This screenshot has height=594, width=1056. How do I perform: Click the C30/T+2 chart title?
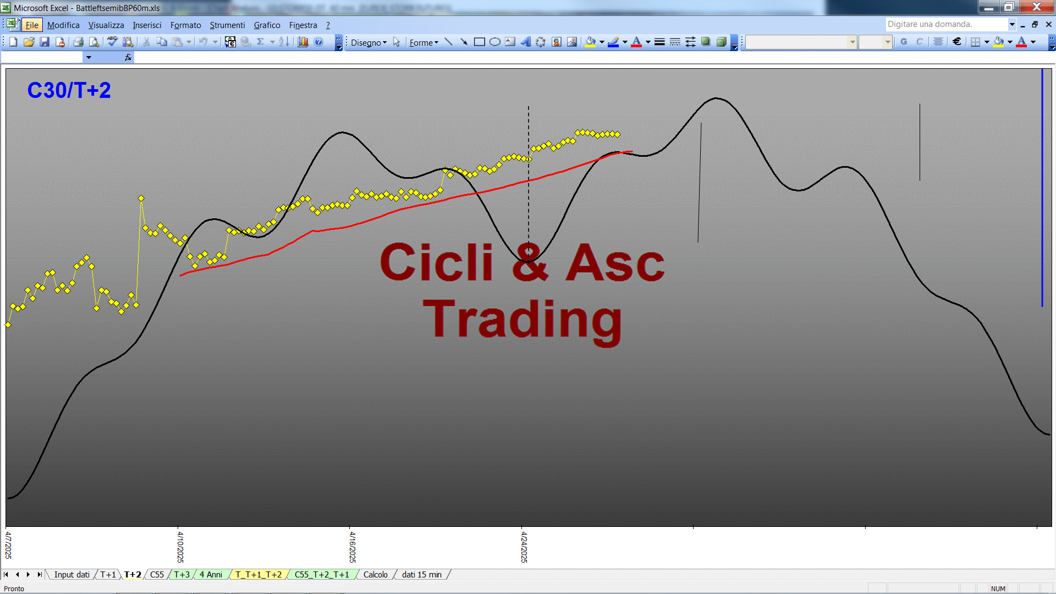(69, 90)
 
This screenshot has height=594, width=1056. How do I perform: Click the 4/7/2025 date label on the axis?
(8, 545)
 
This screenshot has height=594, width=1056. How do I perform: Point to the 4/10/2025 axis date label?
(180, 547)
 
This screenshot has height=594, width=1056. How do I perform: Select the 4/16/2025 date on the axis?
(353, 547)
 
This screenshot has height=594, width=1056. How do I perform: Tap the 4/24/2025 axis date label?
(524, 547)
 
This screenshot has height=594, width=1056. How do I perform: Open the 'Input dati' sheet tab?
(71, 575)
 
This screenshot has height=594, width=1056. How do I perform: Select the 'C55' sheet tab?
(157, 575)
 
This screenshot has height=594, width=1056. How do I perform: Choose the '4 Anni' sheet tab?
(211, 575)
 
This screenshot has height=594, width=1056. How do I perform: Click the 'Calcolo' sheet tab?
(376, 575)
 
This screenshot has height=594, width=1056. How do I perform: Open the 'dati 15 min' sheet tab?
(422, 575)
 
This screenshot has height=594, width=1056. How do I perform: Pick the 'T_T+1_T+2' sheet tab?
(258, 575)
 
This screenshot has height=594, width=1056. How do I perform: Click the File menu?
(32, 25)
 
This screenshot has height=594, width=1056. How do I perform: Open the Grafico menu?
(267, 25)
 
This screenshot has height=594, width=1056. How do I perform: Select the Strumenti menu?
(227, 25)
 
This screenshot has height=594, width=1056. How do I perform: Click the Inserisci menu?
(147, 25)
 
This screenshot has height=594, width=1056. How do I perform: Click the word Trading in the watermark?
(522, 320)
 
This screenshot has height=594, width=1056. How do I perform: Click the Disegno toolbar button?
(369, 42)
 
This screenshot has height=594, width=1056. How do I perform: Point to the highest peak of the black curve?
(716, 98)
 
